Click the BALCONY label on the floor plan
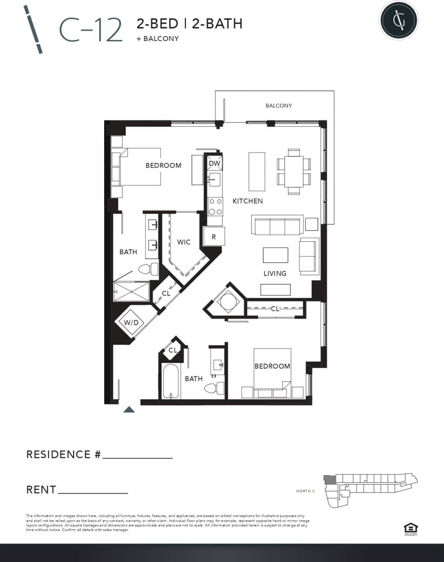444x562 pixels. click(278, 106)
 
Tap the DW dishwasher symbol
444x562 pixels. click(215, 164)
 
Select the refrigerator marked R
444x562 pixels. click(214, 236)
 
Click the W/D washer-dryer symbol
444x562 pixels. click(131, 323)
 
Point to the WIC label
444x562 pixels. click(184, 242)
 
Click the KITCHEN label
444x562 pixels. click(247, 201)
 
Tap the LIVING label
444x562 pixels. click(274, 273)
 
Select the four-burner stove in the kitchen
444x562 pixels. click(215, 207)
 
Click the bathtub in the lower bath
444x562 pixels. click(171, 381)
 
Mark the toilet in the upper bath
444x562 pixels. click(148, 269)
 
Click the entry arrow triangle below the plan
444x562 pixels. click(129, 409)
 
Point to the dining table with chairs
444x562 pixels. click(294, 172)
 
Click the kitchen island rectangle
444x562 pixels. click(257, 172)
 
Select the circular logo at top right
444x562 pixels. click(398, 20)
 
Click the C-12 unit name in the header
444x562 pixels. click(91, 30)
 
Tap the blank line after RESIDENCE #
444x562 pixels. click(137, 457)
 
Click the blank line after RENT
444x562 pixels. click(93, 492)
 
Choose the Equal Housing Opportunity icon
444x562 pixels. click(411, 529)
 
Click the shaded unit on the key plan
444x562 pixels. click(329, 479)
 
